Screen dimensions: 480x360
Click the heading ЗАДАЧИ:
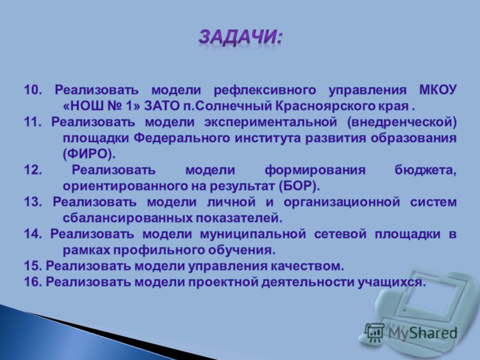[241, 38]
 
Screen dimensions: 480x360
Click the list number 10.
[33, 90]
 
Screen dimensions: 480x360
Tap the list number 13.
[33, 202]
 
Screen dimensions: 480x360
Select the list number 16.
[33, 282]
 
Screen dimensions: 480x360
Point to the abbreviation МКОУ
[437, 90]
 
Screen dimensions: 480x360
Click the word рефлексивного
[265, 91]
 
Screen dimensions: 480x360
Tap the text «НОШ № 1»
[101, 106]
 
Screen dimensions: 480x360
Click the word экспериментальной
[271, 122]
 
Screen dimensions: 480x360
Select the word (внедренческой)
[402, 122]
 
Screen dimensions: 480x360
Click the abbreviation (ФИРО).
[89, 154]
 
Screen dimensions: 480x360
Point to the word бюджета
[425, 170]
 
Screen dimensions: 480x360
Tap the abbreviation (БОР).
[299, 186]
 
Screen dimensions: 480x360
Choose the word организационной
[341, 202]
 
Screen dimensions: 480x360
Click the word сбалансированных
[127, 218]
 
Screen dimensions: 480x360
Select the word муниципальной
[253, 235]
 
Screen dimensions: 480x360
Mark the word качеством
[307, 266]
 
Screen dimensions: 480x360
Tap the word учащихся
[392, 282]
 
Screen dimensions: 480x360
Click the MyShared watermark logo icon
[374, 333]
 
